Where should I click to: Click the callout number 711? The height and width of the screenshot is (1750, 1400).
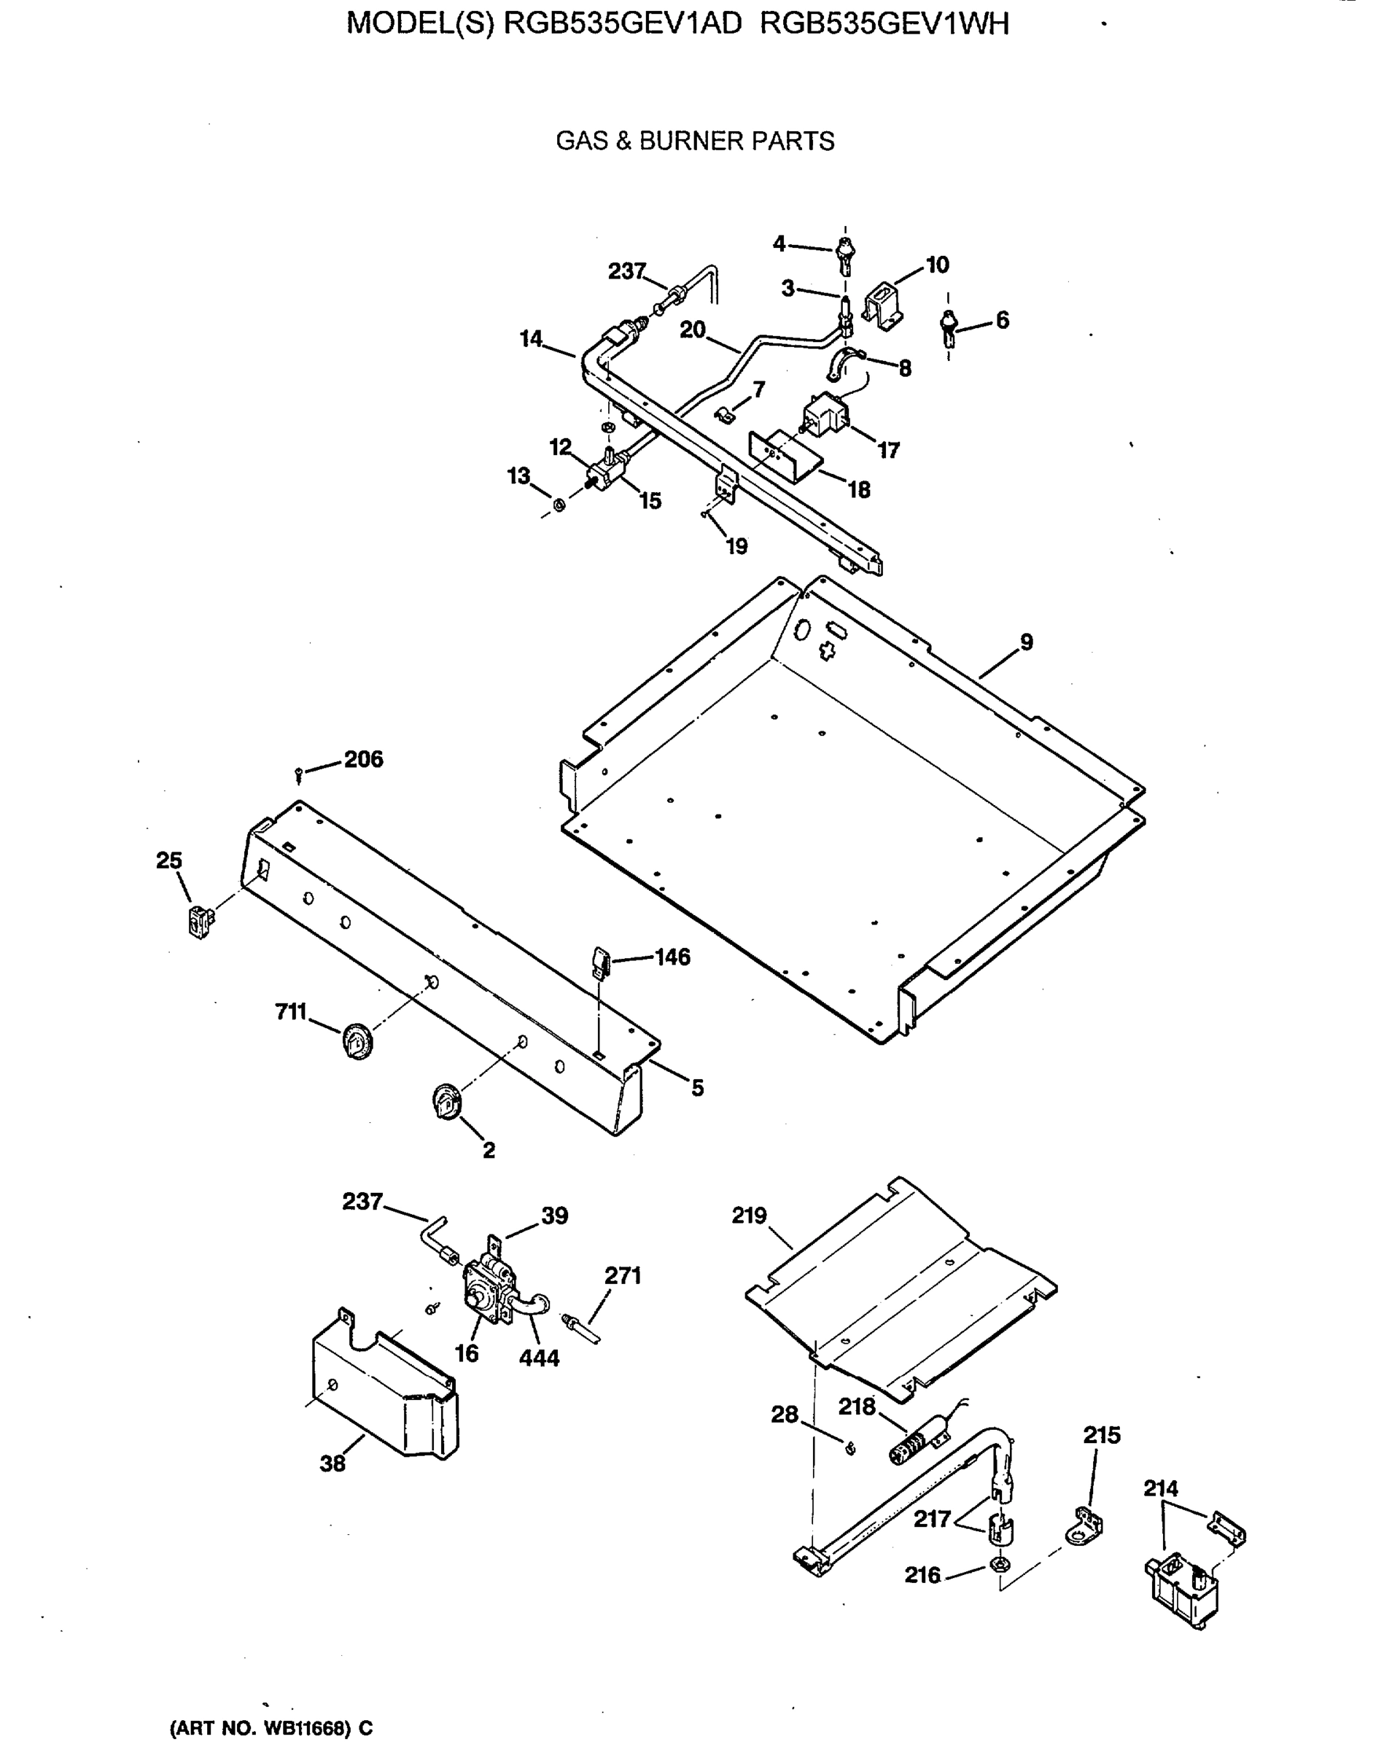coord(290,1011)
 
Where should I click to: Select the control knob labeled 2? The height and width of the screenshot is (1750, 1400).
coord(446,1102)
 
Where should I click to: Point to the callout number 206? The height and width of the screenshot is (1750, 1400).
coord(363,759)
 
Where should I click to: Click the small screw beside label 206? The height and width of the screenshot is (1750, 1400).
coord(300,774)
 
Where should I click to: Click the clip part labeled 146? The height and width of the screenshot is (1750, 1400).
coord(602,962)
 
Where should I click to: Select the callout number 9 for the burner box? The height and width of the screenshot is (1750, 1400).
coord(1026,642)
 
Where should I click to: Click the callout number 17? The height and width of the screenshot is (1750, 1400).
coord(889,451)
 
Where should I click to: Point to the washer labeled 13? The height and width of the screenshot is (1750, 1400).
coord(559,506)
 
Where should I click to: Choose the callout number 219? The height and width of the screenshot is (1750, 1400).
coord(748,1238)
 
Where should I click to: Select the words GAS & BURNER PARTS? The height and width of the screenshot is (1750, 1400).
coord(695,141)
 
